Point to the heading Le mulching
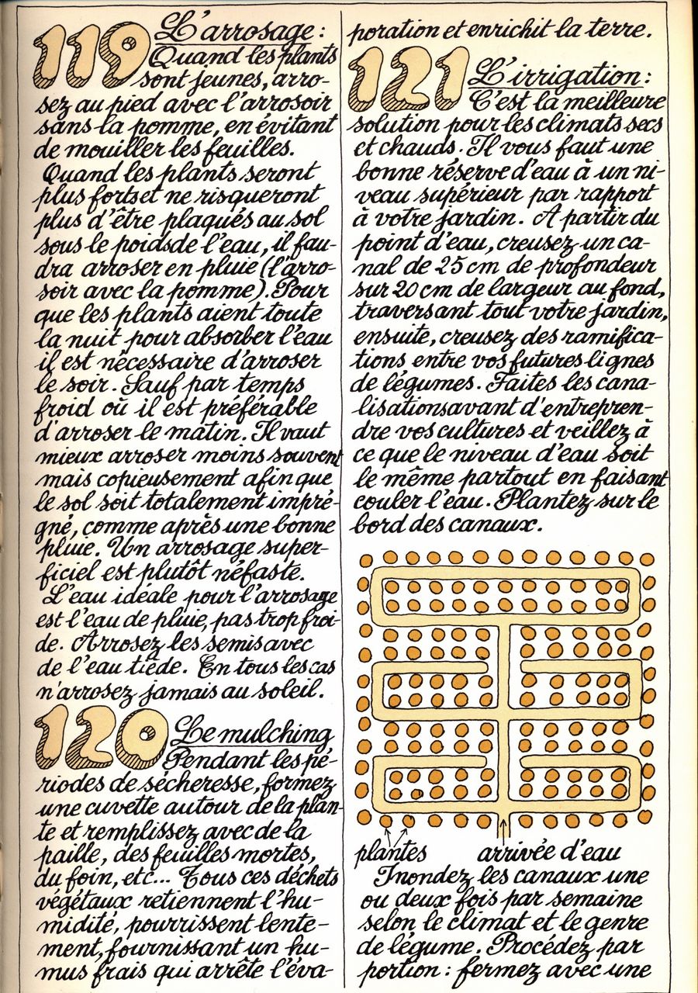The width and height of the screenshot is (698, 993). coord(252,733)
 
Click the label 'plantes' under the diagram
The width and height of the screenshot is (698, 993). coord(391,852)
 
